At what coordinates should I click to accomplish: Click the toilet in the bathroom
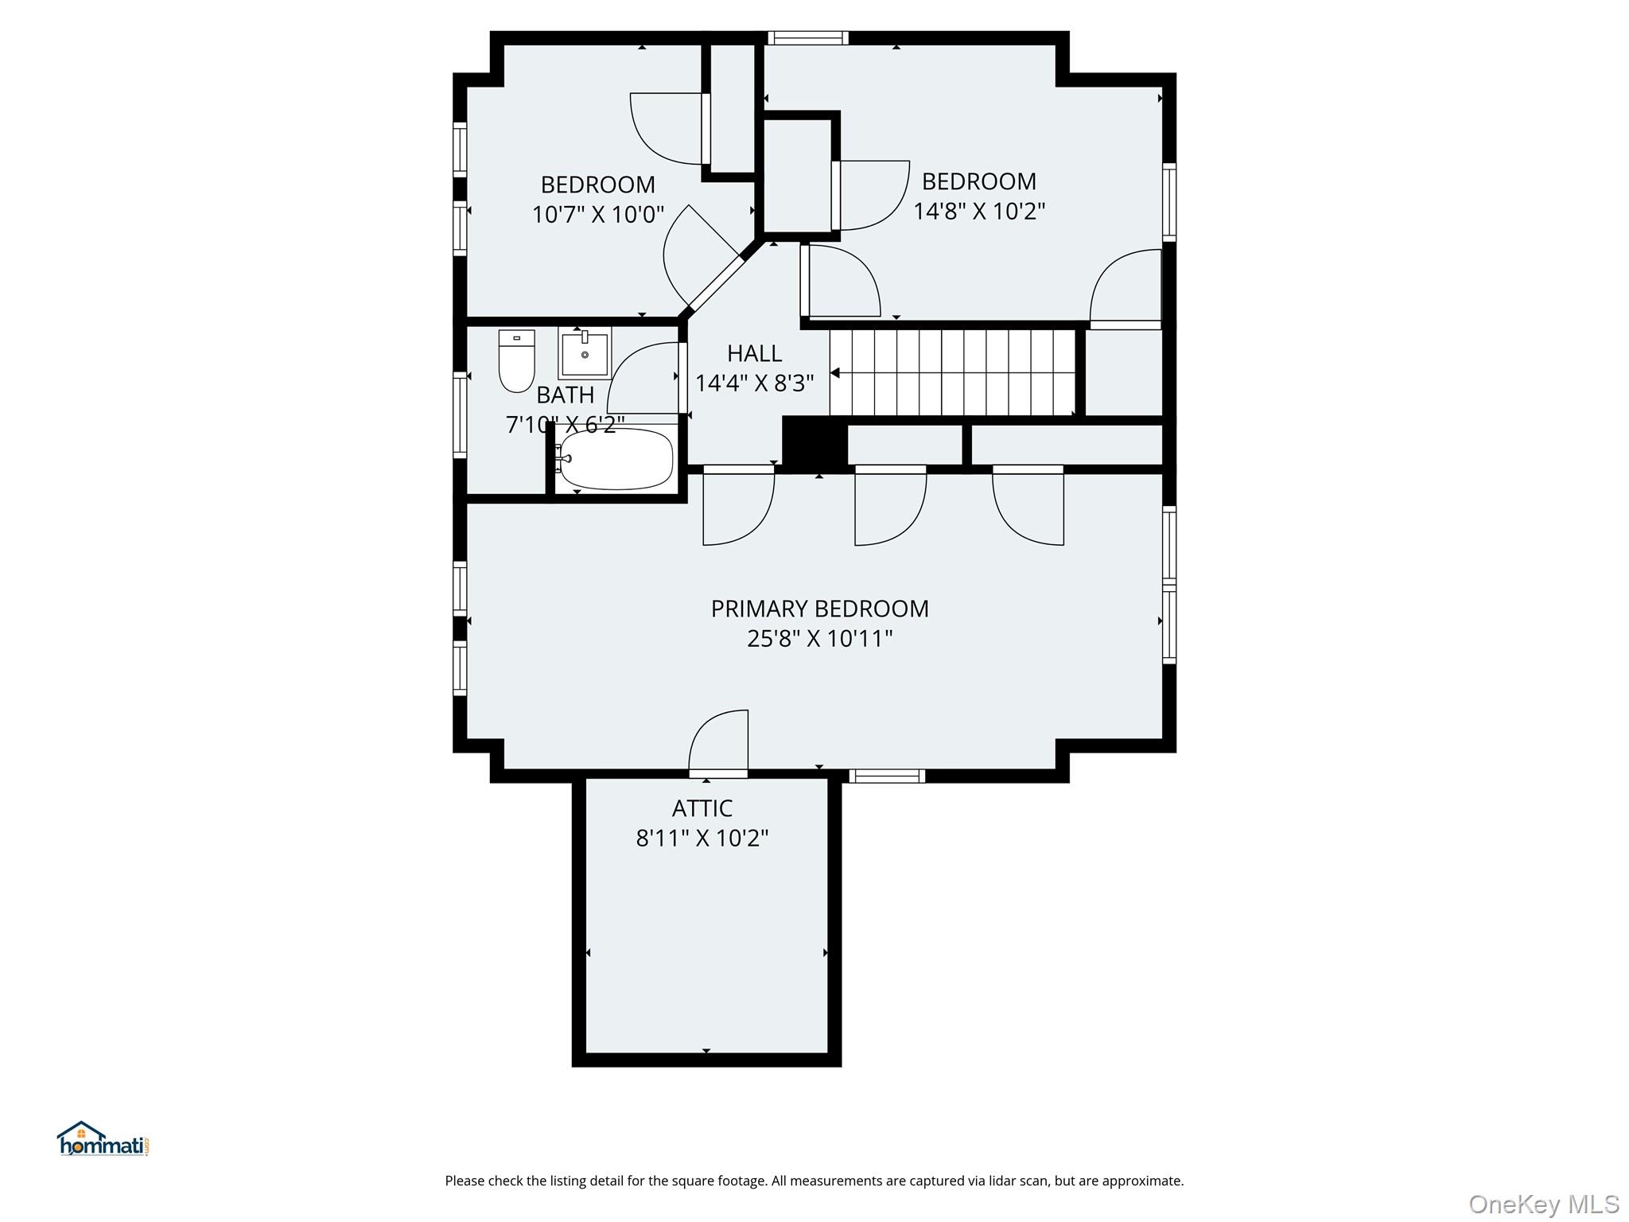516,362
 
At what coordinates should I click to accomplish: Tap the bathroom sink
585,353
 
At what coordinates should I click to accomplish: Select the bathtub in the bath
616,459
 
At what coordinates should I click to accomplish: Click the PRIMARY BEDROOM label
819,609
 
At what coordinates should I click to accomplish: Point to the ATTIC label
702,808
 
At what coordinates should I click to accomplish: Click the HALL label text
754,353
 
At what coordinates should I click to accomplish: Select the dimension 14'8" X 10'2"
978,212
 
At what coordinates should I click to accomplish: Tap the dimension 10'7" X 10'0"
597,215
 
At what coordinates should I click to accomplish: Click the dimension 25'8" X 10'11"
819,639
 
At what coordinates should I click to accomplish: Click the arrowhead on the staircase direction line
835,372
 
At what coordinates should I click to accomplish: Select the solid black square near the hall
814,444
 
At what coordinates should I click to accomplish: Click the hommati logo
103,1139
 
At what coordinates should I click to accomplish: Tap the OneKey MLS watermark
1543,1204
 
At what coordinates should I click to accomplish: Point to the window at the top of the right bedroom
808,37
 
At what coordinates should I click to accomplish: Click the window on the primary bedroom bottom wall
886,776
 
